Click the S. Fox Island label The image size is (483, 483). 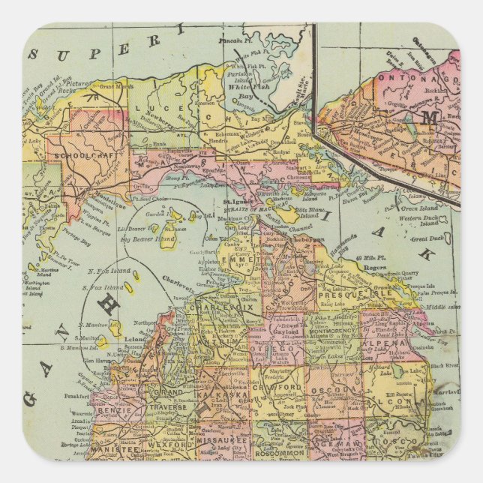click(x=103, y=286)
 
